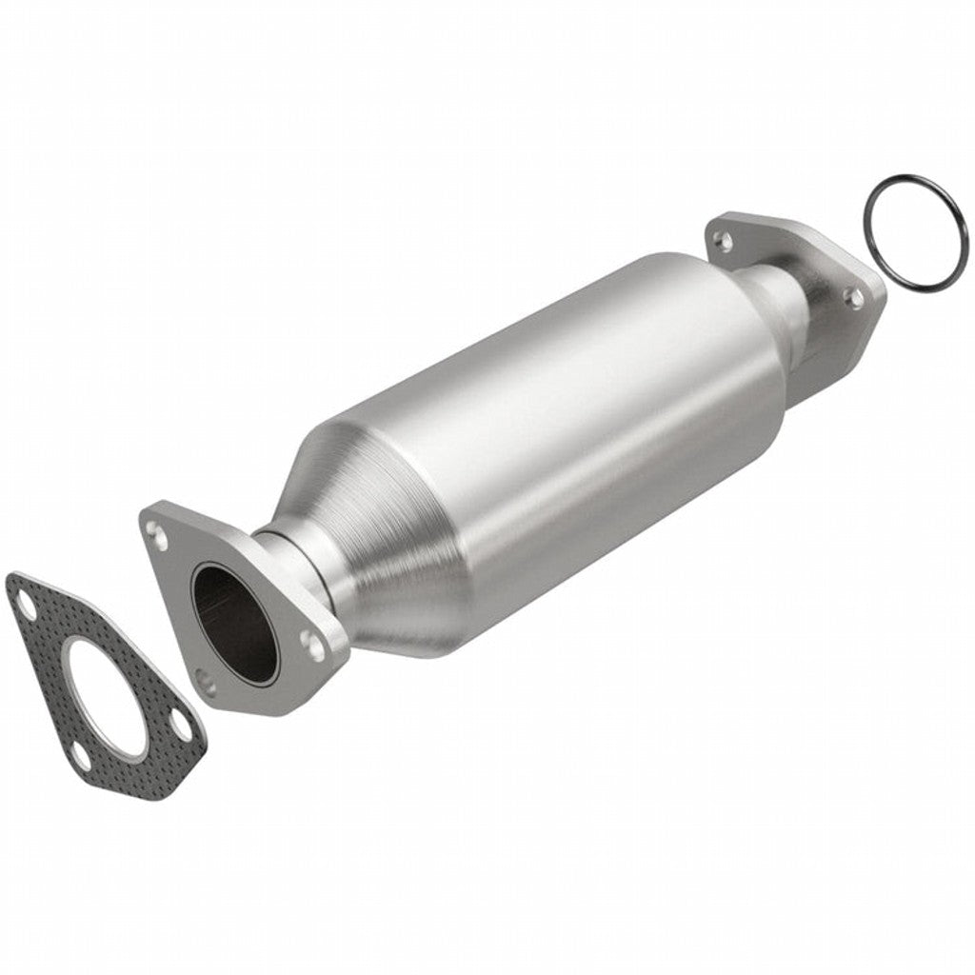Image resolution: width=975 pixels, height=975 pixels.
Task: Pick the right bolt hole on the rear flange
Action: (856, 298)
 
